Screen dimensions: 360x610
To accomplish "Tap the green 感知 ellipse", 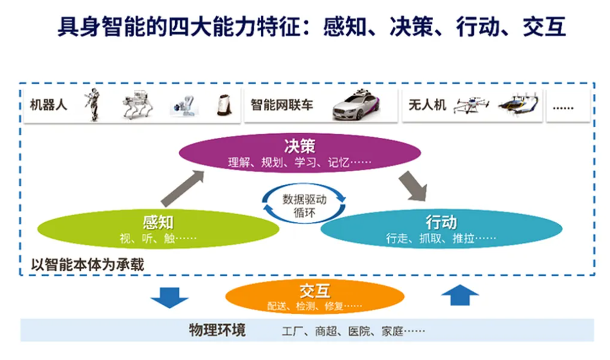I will tap(158, 230).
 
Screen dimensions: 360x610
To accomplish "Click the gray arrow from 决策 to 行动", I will tap(413, 185).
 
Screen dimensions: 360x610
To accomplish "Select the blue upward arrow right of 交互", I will tap(460, 295).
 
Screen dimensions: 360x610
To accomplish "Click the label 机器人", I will tap(49, 106).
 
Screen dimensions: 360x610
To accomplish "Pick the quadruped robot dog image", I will tap(138, 105).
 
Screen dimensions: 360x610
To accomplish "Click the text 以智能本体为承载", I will tap(88, 264).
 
